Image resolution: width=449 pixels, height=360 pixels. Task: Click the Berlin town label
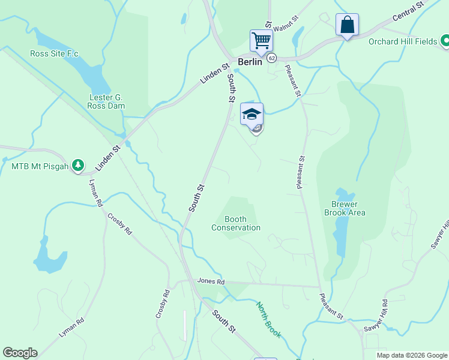tap(250, 62)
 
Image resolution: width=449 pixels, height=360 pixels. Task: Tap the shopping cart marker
tap(261, 41)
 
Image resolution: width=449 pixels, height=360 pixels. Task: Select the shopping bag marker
tap(347, 25)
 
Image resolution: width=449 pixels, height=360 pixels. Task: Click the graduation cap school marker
tap(252, 114)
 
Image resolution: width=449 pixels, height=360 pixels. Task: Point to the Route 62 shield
tap(272, 58)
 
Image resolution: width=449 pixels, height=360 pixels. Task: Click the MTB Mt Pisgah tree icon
tap(77, 164)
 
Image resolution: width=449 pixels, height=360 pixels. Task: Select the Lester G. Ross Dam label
tap(107, 101)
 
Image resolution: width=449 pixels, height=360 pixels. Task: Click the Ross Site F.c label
tap(55, 53)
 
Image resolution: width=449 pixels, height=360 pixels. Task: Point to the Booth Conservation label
tap(236, 223)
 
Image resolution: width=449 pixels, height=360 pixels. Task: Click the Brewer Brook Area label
tap(345, 208)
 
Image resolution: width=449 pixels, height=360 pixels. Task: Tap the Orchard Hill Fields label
tap(403, 41)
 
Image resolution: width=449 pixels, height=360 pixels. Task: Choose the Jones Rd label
tap(211, 281)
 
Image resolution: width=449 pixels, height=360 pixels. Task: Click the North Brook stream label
tap(268, 320)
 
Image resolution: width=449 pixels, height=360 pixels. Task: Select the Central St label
tap(408, 11)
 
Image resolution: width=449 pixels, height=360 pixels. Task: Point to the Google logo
tap(20, 353)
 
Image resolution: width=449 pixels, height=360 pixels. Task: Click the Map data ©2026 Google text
tap(411, 355)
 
